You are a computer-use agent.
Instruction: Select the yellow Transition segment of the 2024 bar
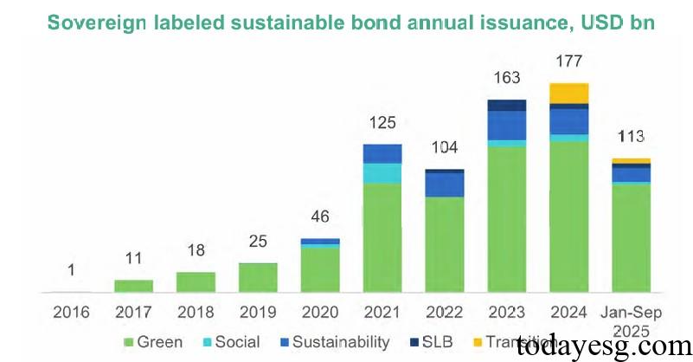[569, 94]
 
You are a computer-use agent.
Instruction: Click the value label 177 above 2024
[569, 62]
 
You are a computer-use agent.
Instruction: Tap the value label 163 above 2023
[507, 79]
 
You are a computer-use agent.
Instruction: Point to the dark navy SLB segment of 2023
[507, 106]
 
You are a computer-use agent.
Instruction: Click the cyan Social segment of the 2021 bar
[382, 173]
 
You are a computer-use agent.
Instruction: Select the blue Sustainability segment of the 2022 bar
[445, 184]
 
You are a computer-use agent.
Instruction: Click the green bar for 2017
[133, 286]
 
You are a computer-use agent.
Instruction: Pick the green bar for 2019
[258, 277]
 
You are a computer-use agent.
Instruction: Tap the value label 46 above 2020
[320, 217]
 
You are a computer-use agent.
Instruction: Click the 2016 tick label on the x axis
[71, 310]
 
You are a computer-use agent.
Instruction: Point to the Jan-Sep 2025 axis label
[632, 319]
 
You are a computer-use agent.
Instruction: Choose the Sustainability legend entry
[337, 342]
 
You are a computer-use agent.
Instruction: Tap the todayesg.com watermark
[600, 346]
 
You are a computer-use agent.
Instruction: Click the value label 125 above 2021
[382, 123]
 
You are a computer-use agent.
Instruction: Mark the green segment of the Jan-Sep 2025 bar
[632, 238]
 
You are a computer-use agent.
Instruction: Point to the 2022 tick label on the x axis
[445, 310]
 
